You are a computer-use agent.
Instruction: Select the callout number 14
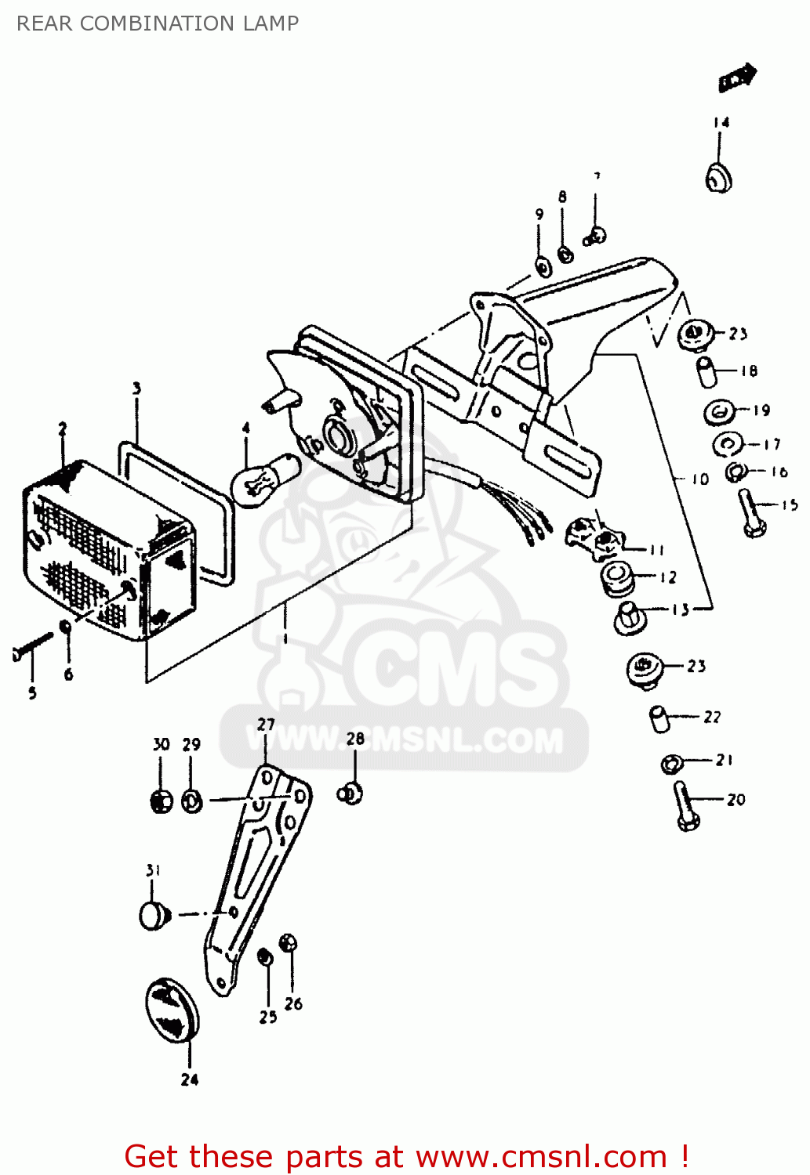pos(721,122)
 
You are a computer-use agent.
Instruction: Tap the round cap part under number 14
pos(718,178)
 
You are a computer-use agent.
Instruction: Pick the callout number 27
pos(266,725)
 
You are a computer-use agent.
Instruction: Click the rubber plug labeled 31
pos(154,914)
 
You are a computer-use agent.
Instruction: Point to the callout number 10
pos(699,479)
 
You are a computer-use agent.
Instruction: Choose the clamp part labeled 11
pos(594,537)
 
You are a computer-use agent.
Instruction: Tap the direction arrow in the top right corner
pos(737,78)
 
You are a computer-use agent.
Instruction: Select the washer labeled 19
pos(719,412)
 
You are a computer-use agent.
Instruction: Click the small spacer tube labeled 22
pos(659,718)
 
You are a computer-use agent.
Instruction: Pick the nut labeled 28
pos(351,794)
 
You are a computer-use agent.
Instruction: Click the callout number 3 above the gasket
pos(136,389)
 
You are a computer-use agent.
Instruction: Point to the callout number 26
pos(293,1003)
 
